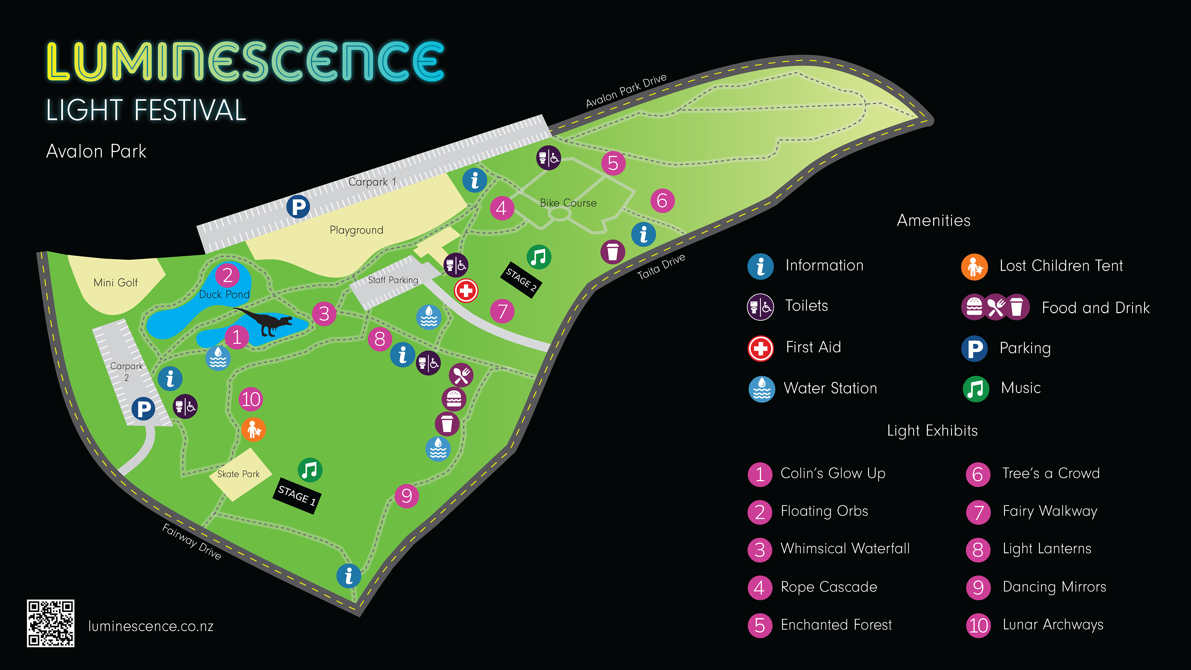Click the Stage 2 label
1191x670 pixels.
click(521, 280)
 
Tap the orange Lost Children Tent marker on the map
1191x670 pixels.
click(253, 430)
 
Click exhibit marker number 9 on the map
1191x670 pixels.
click(406, 496)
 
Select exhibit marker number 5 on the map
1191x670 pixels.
click(613, 163)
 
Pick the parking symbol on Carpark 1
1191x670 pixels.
click(298, 206)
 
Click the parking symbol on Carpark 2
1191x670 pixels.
click(143, 409)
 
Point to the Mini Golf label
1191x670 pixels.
click(116, 283)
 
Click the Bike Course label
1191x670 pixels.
click(568, 203)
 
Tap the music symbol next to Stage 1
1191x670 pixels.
click(310, 470)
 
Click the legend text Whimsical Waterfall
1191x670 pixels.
click(845, 548)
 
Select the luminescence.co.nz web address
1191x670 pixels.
click(151, 626)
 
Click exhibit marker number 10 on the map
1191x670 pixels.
click(251, 399)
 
